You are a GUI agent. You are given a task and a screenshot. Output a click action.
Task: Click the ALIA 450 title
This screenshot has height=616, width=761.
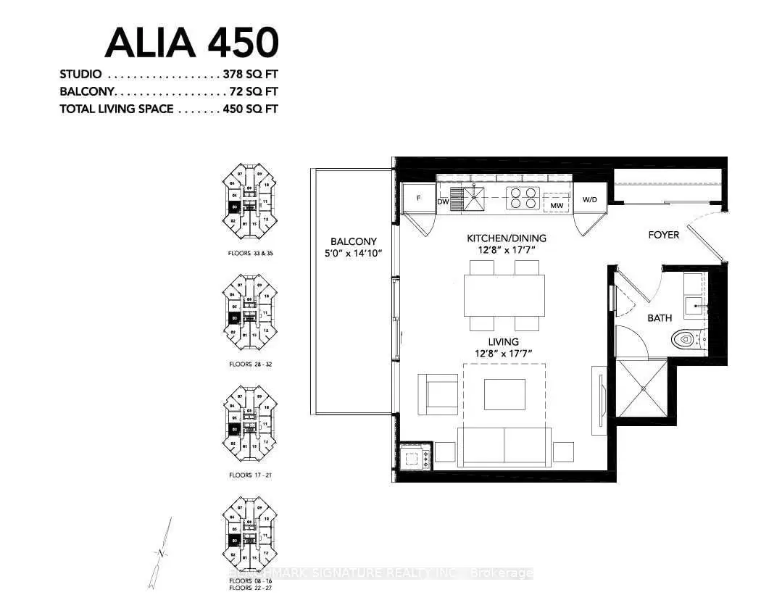pos(191,43)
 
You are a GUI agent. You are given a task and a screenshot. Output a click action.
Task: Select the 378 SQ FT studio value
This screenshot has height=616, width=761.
pos(251,75)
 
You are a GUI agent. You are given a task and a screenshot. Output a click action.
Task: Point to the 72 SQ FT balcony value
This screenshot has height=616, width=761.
pos(254,92)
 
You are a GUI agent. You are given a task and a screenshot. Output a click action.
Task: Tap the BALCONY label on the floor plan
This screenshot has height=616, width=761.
pos(352,241)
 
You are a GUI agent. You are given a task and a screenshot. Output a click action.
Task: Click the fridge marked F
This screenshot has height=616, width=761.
pos(418,198)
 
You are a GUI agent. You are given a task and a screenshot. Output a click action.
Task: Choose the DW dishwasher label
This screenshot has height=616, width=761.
pos(443,201)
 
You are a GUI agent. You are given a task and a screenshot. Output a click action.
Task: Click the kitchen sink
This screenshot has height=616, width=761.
pos(475,197)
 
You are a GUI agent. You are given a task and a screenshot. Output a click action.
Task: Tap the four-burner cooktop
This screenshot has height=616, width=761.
pos(523,197)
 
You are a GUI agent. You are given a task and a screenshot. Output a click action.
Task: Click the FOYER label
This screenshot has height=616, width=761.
pos(663,235)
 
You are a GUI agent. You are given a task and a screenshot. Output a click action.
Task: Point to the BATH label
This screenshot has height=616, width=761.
pos(660,318)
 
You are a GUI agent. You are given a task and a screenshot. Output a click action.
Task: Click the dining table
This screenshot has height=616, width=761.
pos(505,295)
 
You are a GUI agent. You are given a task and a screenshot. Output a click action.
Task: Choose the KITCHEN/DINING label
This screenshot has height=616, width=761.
pos(507,238)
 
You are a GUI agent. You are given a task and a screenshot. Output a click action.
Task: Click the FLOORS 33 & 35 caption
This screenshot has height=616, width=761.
pos(250,254)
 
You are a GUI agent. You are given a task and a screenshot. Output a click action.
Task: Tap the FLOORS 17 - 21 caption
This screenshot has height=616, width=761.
pos(250,475)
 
